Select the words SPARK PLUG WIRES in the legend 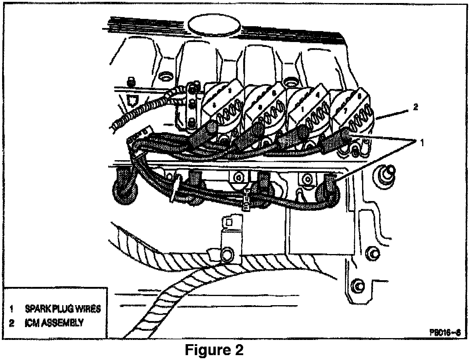click(x=62, y=309)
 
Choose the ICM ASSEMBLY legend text click(x=54, y=323)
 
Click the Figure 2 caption click(x=214, y=350)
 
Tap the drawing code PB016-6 click(x=443, y=332)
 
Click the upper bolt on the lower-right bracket click(x=374, y=252)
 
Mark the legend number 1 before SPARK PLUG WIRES click(x=12, y=309)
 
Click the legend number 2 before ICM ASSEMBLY click(x=12, y=323)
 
